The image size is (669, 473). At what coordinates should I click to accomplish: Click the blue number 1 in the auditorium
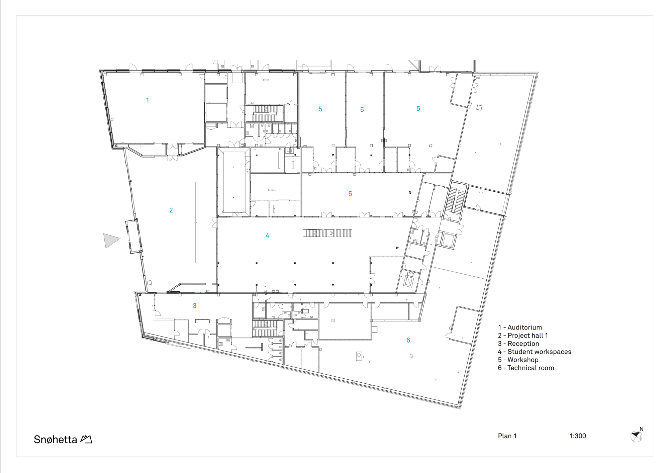[148, 100]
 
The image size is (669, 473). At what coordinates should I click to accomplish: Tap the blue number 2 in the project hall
[171, 210]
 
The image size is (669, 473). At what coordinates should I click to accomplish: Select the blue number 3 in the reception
[195, 305]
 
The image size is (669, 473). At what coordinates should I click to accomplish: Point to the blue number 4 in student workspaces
[267, 236]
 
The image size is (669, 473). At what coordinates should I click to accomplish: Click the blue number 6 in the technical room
[408, 340]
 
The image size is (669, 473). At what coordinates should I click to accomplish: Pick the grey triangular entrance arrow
[111, 240]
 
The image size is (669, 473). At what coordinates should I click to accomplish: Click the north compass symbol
[636, 437]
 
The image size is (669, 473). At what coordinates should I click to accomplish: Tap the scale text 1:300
[578, 436]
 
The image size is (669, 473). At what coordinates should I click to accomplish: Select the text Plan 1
[507, 436]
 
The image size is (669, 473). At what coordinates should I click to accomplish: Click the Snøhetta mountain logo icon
[86, 439]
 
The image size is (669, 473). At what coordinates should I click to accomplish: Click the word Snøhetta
[56, 439]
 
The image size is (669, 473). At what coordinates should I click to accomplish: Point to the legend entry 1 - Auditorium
[520, 327]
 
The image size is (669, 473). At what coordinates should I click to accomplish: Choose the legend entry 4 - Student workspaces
[535, 352]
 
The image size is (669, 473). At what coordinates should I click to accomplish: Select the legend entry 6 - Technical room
[526, 368]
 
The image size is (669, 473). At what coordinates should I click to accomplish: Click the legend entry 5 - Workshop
[518, 360]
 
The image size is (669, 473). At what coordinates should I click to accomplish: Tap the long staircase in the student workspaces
[328, 233]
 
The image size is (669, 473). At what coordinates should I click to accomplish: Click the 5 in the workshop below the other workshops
[350, 194]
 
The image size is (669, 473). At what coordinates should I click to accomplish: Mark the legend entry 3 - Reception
[518, 344]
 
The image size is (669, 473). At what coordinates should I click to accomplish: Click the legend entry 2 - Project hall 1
[523, 336]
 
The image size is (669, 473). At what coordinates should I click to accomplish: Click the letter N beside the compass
[642, 429]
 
